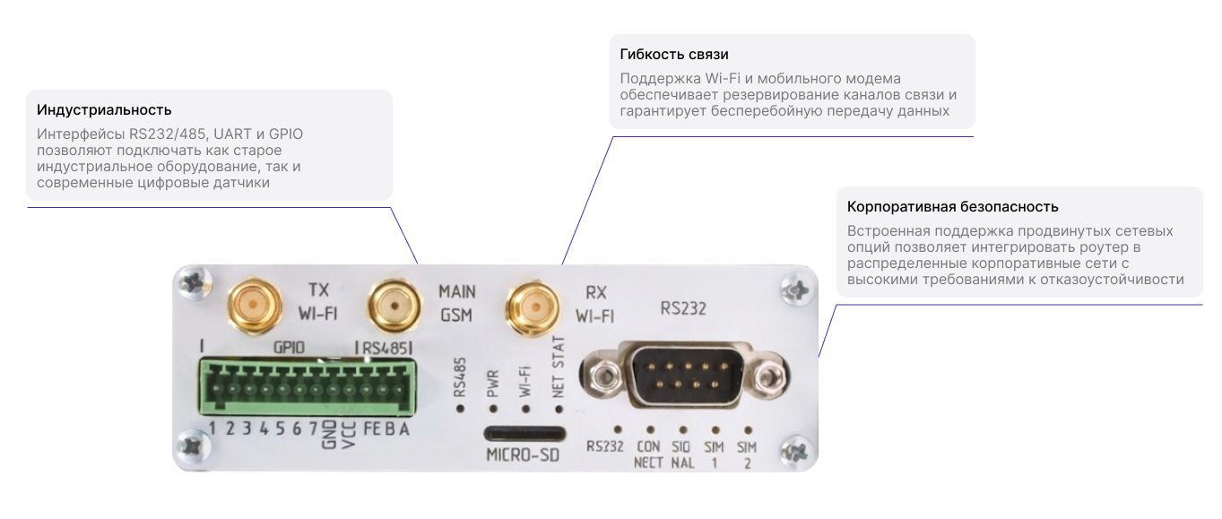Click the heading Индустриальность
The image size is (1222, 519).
[x=104, y=110]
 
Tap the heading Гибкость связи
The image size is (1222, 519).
[x=673, y=55]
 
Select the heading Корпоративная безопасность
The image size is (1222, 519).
[x=952, y=207]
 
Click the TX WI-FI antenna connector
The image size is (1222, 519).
[x=255, y=306]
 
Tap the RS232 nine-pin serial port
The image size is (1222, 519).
[x=684, y=376]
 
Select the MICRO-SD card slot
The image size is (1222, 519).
[x=524, y=434]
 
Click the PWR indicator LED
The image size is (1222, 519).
[x=493, y=409]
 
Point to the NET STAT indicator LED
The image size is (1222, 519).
[x=558, y=409]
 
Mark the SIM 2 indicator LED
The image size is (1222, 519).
[x=748, y=430]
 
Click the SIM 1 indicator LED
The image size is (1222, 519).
[x=715, y=430]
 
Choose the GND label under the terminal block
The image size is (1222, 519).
[x=329, y=435]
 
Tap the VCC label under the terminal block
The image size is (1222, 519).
[x=348, y=435]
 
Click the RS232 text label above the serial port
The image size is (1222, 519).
[x=683, y=308]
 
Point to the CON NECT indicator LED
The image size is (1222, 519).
[x=650, y=430]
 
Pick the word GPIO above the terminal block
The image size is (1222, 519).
[x=289, y=347]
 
